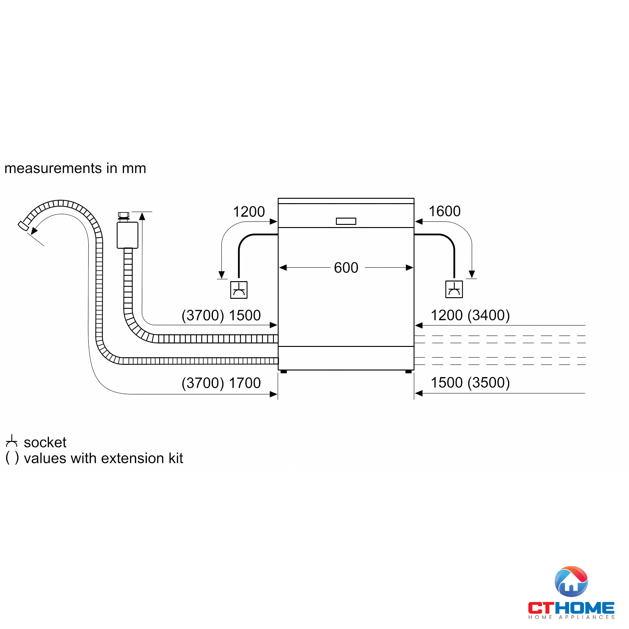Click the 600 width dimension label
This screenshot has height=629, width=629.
tap(346, 268)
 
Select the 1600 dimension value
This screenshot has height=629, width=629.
tap(444, 211)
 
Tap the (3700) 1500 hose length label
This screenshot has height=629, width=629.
tap(221, 315)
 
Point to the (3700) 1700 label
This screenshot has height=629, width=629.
tap(221, 383)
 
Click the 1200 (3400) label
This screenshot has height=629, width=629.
tap(470, 315)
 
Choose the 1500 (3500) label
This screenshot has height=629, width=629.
tap(470, 382)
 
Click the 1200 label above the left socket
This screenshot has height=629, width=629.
tap(249, 212)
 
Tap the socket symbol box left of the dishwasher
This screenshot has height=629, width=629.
tap(239, 290)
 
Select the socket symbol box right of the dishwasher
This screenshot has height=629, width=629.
tap(454, 289)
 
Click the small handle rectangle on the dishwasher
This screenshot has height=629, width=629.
tap(346, 221)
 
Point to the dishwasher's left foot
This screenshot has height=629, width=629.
tap(284, 371)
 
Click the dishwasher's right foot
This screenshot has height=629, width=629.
tap(408, 371)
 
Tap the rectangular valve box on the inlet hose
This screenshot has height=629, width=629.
tap(127, 235)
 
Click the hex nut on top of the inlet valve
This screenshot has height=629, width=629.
tap(123, 215)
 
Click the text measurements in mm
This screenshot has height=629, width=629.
tap(75, 168)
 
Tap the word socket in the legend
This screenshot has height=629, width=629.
tap(45, 443)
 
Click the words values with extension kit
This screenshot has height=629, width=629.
tap(103, 459)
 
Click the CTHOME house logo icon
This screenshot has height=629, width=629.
tap(571, 582)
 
